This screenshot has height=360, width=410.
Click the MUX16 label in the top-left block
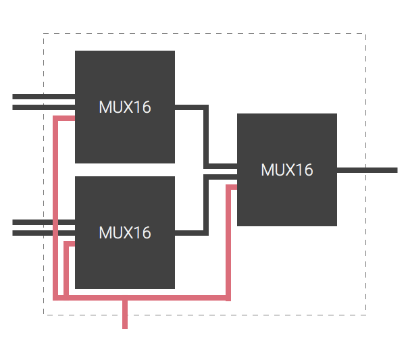click(x=124, y=107)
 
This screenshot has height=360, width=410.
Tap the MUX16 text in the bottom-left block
click(x=124, y=232)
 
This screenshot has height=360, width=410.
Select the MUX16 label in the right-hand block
click(x=286, y=170)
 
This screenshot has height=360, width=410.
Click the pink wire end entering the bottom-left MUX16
click(x=71, y=243)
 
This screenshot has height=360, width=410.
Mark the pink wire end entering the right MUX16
click(x=233, y=186)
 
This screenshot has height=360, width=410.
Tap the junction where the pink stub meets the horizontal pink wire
click(x=125, y=297)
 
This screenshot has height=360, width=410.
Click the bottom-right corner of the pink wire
click(x=228, y=297)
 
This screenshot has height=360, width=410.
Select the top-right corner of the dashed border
click(x=365, y=33)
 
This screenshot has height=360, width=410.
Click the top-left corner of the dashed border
click(x=44, y=33)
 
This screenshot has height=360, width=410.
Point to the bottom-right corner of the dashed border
click(x=365, y=314)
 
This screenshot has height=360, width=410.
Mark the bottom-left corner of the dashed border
click(x=44, y=314)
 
